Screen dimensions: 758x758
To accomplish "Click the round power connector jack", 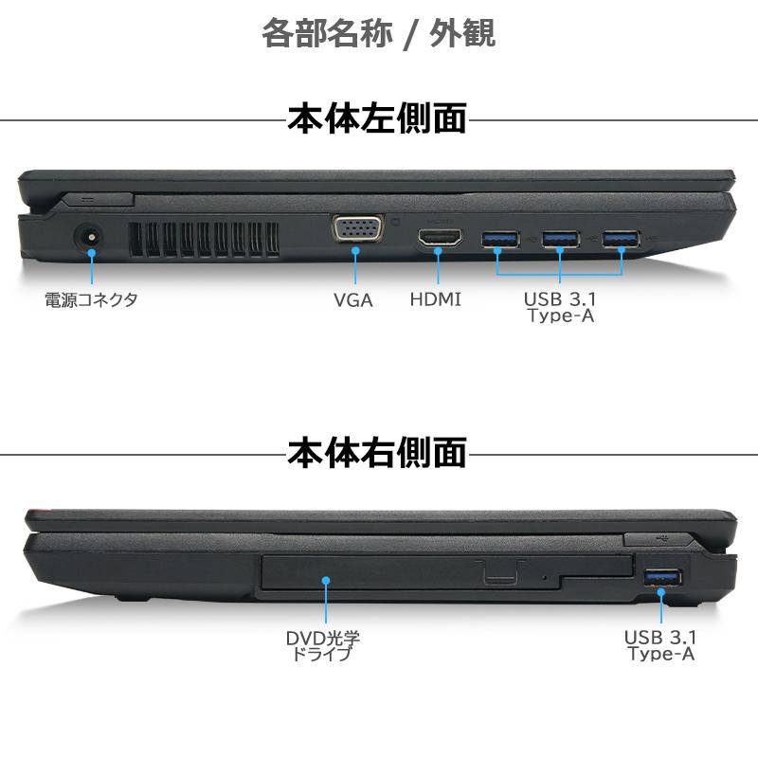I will pyautogui.click(x=91, y=238).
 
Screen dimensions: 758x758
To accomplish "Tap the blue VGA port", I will pyautogui.click(x=357, y=230).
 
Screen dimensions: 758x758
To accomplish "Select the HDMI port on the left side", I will pyautogui.click(x=441, y=239).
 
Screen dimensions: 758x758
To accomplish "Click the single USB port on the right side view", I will pyautogui.click(x=661, y=576).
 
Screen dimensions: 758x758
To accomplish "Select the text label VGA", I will pyautogui.click(x=353, y=301).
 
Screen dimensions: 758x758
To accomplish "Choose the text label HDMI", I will pyautogui.click(x=436, y=300).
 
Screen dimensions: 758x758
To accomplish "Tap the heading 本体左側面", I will pyautogui.click(x=377, y=119).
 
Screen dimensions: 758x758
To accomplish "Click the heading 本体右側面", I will pyautogui.click(x=377, y=452).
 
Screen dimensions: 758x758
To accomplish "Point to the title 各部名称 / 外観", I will pyautogui.click(x=378, y=34).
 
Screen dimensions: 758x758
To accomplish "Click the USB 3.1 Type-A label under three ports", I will pyautogui.click(x=560, y=308).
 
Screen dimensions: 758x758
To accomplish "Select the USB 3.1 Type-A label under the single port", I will pyautogui.click(x=661, y=645).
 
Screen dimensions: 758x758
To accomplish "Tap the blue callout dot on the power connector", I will pyautogui.click(x=91, y=250).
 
